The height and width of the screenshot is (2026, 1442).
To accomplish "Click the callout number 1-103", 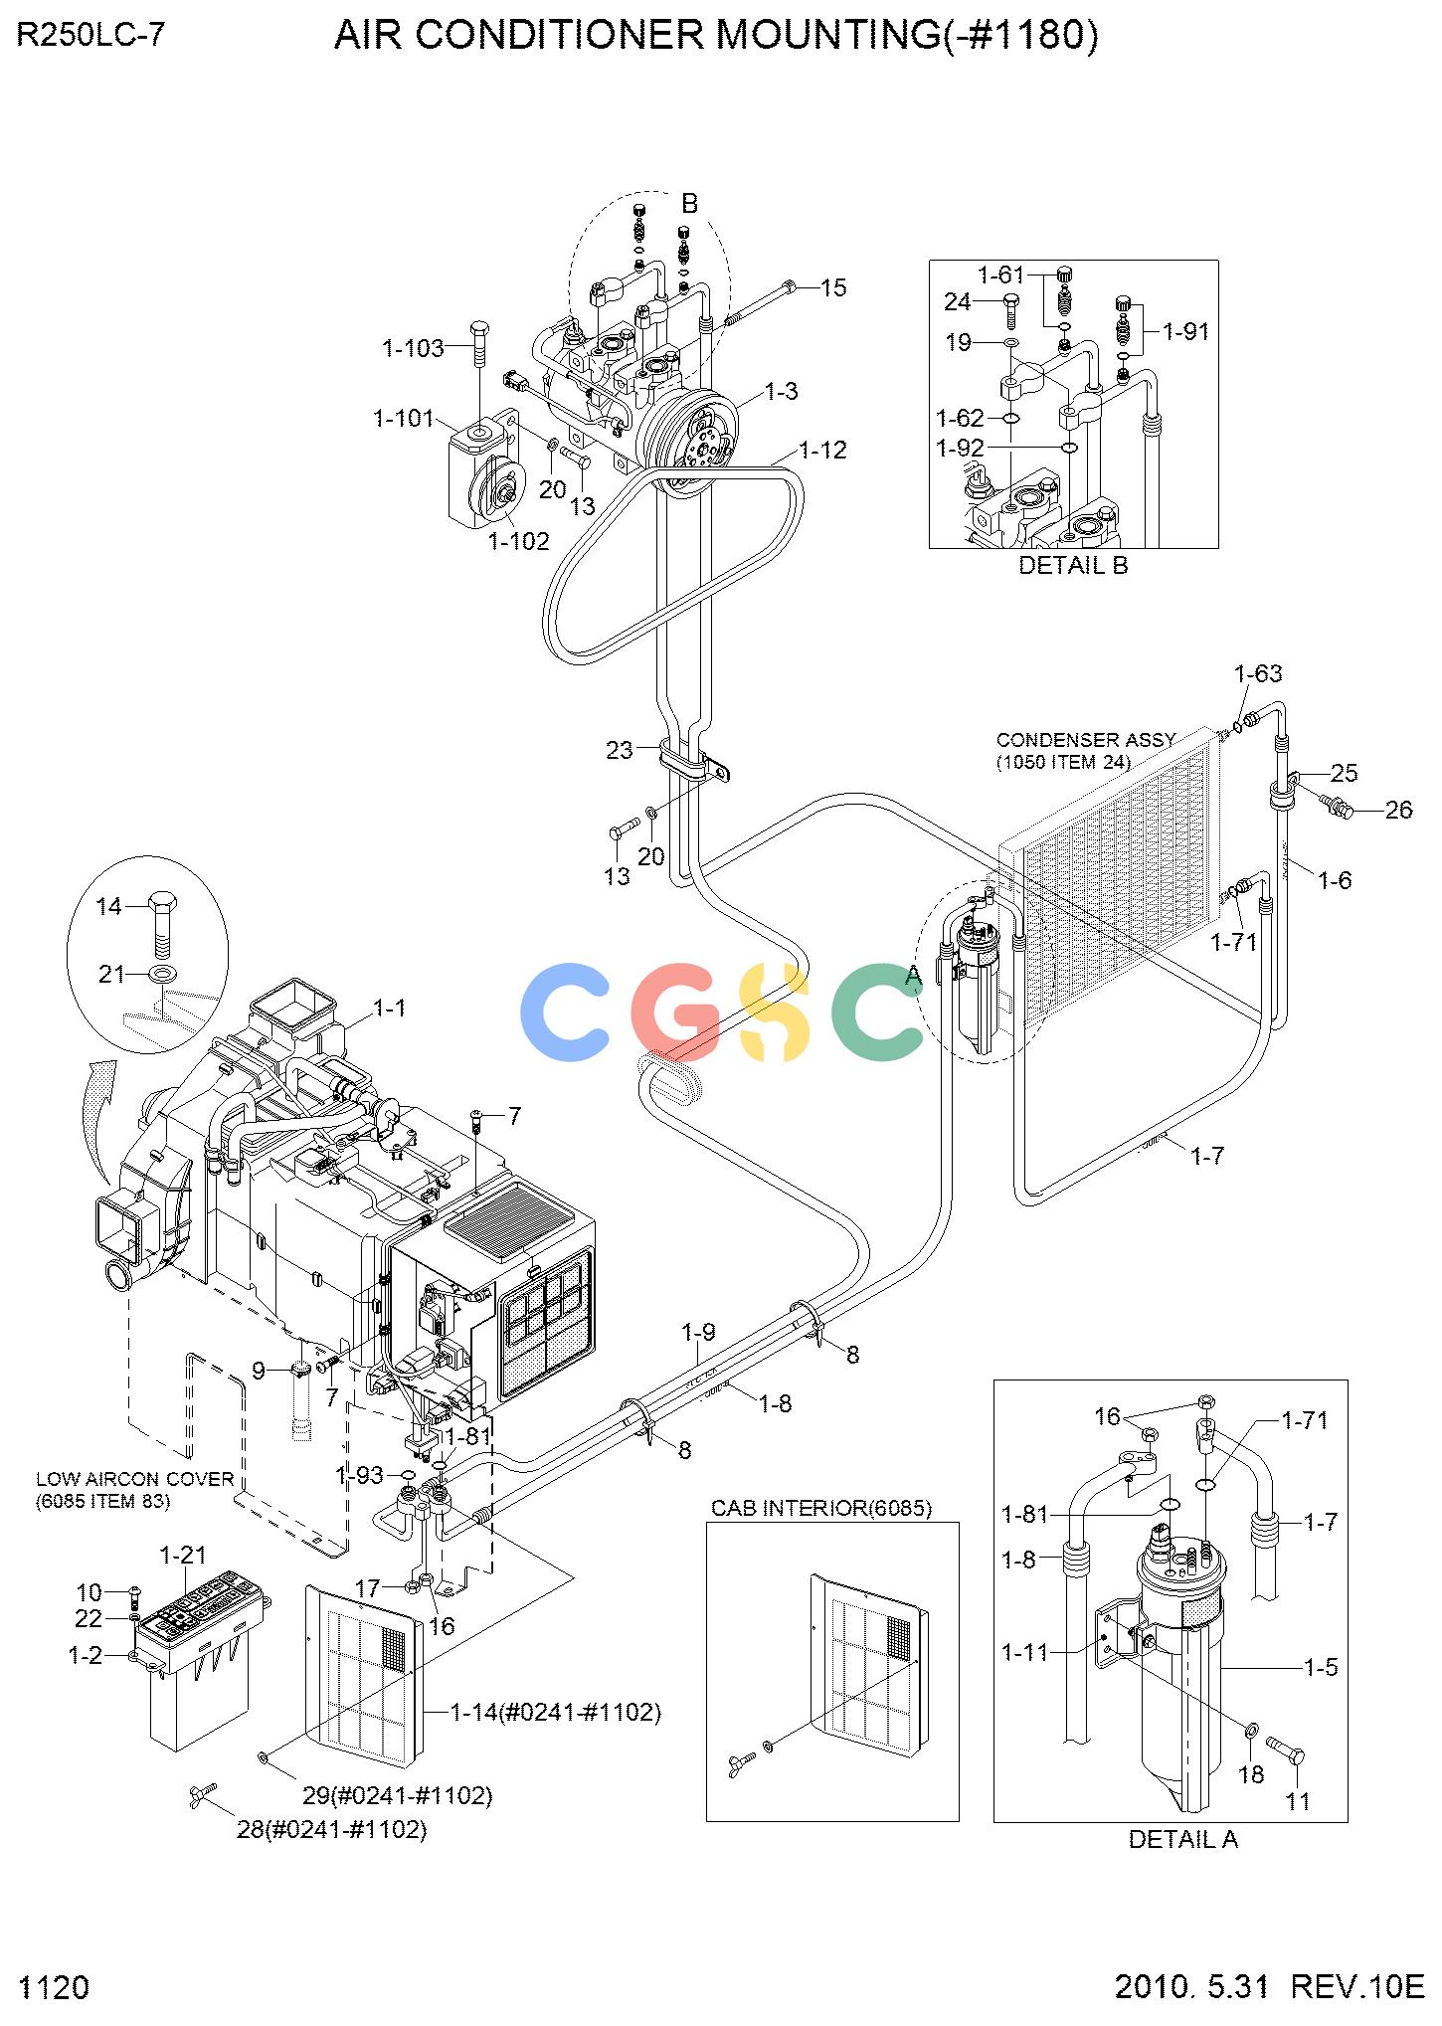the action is coord(413,348).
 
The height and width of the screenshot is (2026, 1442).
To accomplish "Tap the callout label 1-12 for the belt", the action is coord(822,451).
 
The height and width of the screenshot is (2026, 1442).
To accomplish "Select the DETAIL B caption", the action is coord(1073,566).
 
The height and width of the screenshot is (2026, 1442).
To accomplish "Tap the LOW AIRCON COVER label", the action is coord(134,1479).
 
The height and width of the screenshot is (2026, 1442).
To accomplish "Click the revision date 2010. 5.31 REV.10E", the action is coord(1269,1987).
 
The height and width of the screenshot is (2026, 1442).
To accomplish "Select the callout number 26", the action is coord(1398,811).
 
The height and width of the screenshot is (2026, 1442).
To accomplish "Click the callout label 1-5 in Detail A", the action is coord(1321,1667).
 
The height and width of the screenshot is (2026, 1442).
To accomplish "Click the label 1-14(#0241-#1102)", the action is coord(556,1712).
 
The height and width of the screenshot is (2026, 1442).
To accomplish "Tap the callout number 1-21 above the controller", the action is coord(183,1555).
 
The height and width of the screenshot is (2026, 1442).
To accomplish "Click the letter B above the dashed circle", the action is coord(689,204).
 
